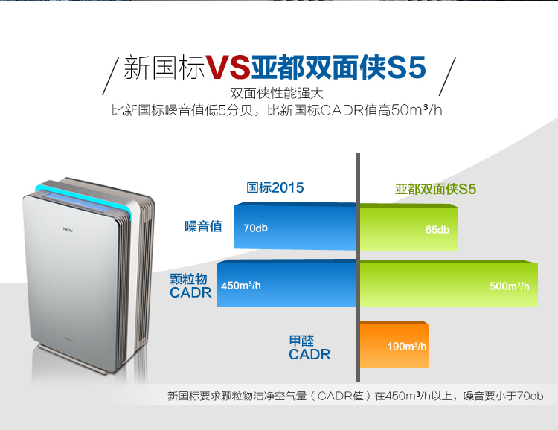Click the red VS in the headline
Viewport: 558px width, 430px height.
click(x=228, y=67)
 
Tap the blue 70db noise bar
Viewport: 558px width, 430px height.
click(x=295, y=226)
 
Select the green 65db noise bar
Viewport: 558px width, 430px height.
click(x=409, y=228)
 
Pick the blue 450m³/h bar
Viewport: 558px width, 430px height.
click(x=286, y=283)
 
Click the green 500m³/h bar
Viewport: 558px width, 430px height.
click(x=449, y=284)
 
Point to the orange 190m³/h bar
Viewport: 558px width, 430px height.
click(x=394, y=344)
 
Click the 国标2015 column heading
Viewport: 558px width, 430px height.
click(x=275, y=187)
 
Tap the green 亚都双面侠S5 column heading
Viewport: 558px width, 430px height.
click(x=435, y=189)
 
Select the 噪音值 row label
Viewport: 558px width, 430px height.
click(x=204, y=226)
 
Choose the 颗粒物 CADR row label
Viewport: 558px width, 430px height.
click(x=190, y=286)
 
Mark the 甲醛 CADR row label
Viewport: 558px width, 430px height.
click(x=310, y=347)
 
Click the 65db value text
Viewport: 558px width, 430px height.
click(x=437, y=230)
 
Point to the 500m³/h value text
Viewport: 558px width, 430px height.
click(x=509, y=286)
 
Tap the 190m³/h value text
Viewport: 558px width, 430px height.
click(x=407, y=347)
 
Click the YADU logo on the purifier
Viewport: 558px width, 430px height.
click(x=68, y=230)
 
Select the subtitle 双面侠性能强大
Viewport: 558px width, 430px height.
click(x=277, y=93)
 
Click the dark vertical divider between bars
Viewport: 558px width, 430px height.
click(x=358, y=267)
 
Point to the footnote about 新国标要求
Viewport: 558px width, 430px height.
click(x=355, y=396)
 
